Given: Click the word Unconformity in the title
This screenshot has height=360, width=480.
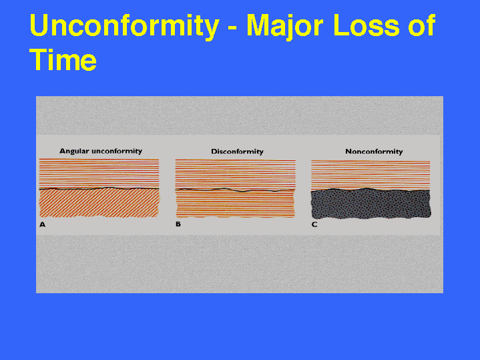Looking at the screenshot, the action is [x=125, y=26].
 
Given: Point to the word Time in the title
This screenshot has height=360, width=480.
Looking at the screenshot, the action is [x=63, y=59].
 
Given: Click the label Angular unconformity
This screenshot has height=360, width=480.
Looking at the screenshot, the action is [x=101, y=151].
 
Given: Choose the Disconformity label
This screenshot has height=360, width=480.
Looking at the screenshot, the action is [x=237, y=152].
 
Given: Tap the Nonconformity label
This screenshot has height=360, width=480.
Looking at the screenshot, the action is [x=374, y=152].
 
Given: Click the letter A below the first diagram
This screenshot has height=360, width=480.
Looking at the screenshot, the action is [x=42, y=224].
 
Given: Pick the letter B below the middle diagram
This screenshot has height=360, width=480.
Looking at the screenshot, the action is [x=178, y=224].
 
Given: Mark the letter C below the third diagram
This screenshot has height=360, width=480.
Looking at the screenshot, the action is [x=314, y=224].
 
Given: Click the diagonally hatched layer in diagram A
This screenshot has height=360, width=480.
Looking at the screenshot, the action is [x=99, y=203].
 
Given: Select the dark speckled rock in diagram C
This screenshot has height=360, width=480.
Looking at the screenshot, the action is [x=371, y=204].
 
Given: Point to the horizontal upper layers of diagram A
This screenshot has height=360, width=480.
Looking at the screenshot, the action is [x=99, y=173].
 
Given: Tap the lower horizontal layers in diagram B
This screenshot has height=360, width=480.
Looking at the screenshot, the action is [x=235, y=204].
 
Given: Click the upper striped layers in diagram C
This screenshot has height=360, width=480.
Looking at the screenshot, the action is [x=371, y=174].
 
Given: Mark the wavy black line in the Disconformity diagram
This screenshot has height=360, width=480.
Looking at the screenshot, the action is [x=235, y=190].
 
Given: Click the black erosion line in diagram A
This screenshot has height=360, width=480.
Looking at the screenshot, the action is [x=99, y=189].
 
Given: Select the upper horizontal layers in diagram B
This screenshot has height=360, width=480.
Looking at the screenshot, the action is [x=235, y=174].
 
